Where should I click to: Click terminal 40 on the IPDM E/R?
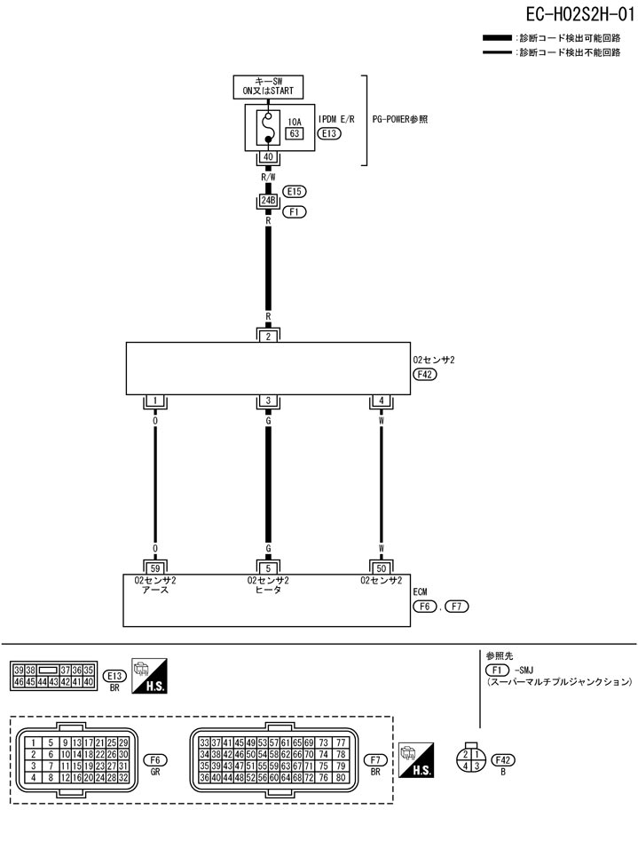point(268,157)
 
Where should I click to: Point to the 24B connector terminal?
point(268,201)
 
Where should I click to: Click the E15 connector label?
point(295,191)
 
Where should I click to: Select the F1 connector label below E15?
point(295,213)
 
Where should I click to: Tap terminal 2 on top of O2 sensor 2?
point(268,336)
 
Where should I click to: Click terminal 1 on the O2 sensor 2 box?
point(155,401)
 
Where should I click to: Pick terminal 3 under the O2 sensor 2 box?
point(268,401)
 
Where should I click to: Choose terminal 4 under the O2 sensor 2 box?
point(382,401)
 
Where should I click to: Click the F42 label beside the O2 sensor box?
point(426,375)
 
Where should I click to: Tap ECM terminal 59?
point(155,567)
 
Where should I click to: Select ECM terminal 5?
point(268,567)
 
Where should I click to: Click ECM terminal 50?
point(382,567)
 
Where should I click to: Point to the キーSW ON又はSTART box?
point(268,85)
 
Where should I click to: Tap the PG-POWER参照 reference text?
point(400,119)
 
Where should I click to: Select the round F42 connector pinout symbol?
point(470,759)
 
